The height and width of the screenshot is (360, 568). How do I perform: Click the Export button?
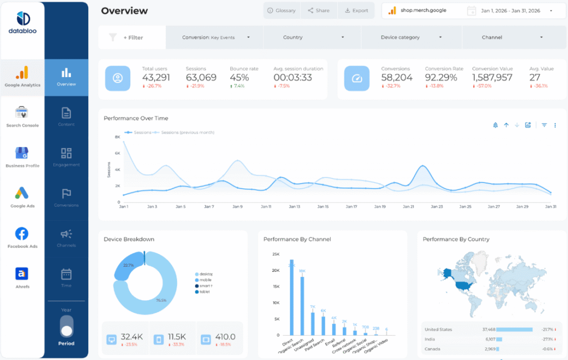(x=356, y=11)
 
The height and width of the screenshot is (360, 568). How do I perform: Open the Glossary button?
(x=282, y=11)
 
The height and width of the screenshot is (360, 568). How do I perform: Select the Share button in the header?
(x=318, y=11)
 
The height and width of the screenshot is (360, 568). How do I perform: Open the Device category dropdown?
(x=411, y=38)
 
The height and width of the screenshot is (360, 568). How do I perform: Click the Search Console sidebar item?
(x=22, y=117)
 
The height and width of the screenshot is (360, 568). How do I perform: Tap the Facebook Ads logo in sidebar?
(x=22, y=234)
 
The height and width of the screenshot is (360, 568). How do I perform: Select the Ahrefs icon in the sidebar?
(x=22, y=273)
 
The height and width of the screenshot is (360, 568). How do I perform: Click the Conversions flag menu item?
(x=66, y=197)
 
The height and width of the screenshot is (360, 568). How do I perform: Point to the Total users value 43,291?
(x=156, y=78)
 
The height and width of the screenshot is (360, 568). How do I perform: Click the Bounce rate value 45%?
(x=239, y=78)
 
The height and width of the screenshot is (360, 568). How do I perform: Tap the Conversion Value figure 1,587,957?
(x=492, y=78)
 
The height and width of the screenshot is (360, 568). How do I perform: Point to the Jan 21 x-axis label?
(x=408, y=207)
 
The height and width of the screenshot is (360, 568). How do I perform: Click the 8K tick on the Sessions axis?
(x=118, y=136)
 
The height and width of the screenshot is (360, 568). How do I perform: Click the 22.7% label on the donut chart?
(x=129, y=265)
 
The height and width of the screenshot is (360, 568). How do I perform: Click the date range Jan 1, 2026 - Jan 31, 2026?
(x=510, y=11)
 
